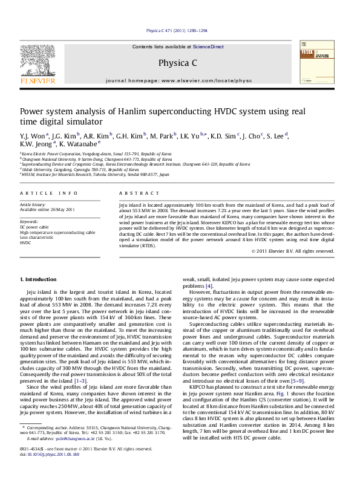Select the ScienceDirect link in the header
point(209,47)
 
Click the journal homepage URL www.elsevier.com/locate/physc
point(198,80)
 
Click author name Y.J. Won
point(33,135)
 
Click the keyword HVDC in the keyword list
point(25,242)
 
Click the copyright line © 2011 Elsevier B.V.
point(301,250)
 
